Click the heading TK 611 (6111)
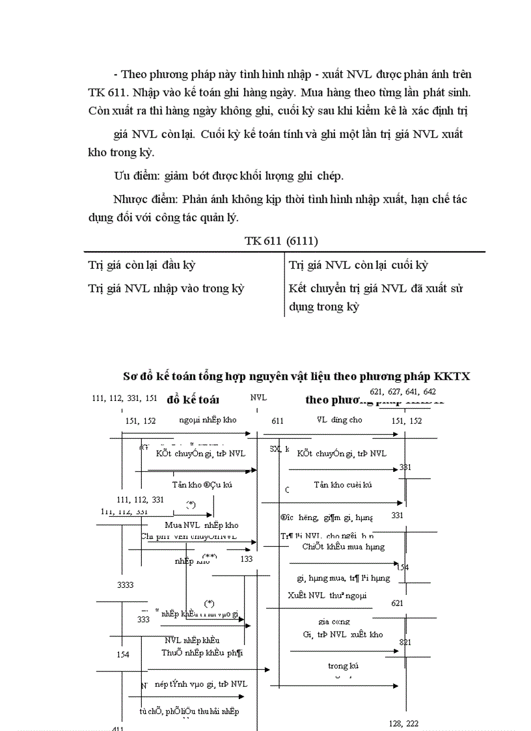281,241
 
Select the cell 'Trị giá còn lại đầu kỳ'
141,265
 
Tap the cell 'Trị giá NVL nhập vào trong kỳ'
166,288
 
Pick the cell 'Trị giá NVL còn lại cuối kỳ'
358,265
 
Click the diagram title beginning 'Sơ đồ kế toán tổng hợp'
296,376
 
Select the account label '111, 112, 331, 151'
125,399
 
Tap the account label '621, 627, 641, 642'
403,392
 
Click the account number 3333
126,585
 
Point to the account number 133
247,559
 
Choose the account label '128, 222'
403,724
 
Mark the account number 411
118,728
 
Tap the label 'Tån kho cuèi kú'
342,485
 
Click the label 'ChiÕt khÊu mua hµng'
343,547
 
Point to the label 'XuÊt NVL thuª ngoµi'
327,595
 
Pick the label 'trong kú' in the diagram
342,666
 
